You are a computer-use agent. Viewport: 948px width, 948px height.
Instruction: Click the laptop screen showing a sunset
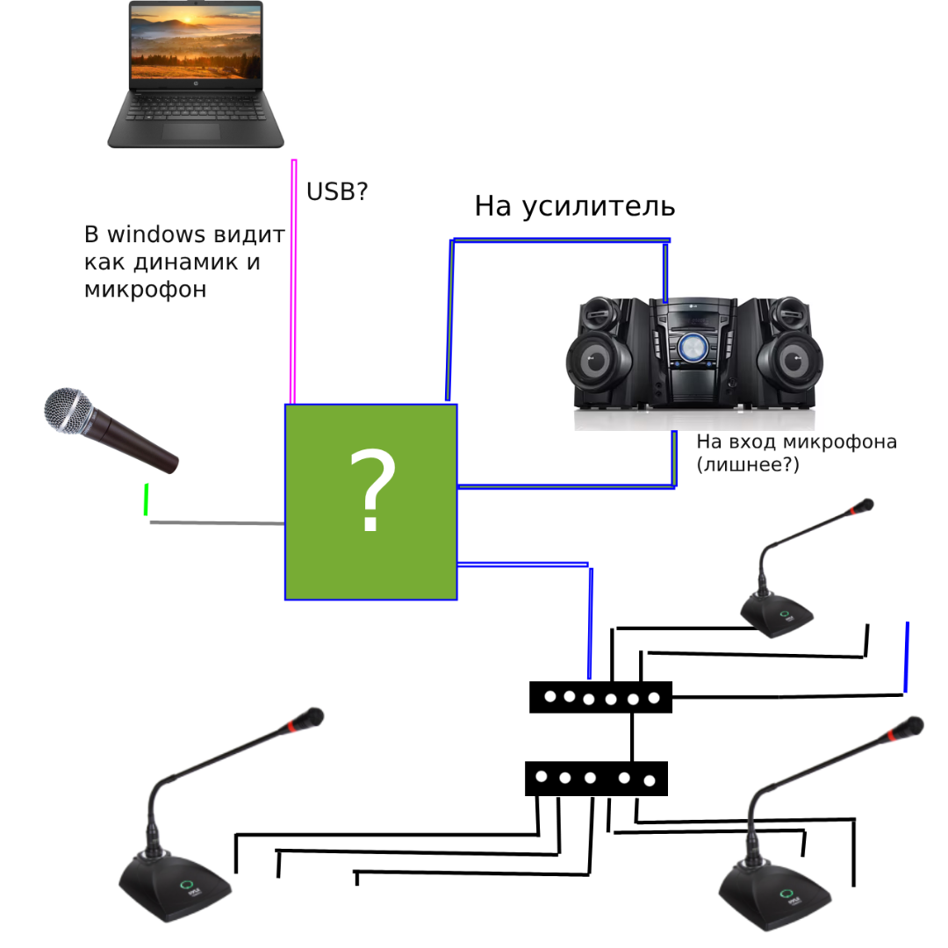point(196,44)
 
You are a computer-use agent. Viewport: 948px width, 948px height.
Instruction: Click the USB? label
point(337,192)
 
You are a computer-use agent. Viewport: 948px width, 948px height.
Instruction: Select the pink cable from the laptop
point(293,281)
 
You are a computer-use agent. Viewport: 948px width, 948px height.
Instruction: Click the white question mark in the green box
point(372,492)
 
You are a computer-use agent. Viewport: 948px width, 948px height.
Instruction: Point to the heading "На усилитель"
point(574,206)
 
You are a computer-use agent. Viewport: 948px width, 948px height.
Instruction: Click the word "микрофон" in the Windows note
point(145,290)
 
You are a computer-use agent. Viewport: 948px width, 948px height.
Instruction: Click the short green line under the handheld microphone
point(146,499)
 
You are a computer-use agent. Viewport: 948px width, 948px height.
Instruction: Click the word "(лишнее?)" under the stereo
point(748,465)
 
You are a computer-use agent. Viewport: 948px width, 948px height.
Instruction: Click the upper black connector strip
point(600,697)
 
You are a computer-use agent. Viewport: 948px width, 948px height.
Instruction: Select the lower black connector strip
point(596,779)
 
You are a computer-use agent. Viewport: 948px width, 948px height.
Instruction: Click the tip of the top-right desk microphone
point(865,506)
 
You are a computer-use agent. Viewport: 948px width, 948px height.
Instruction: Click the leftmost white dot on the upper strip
point(550,697)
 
